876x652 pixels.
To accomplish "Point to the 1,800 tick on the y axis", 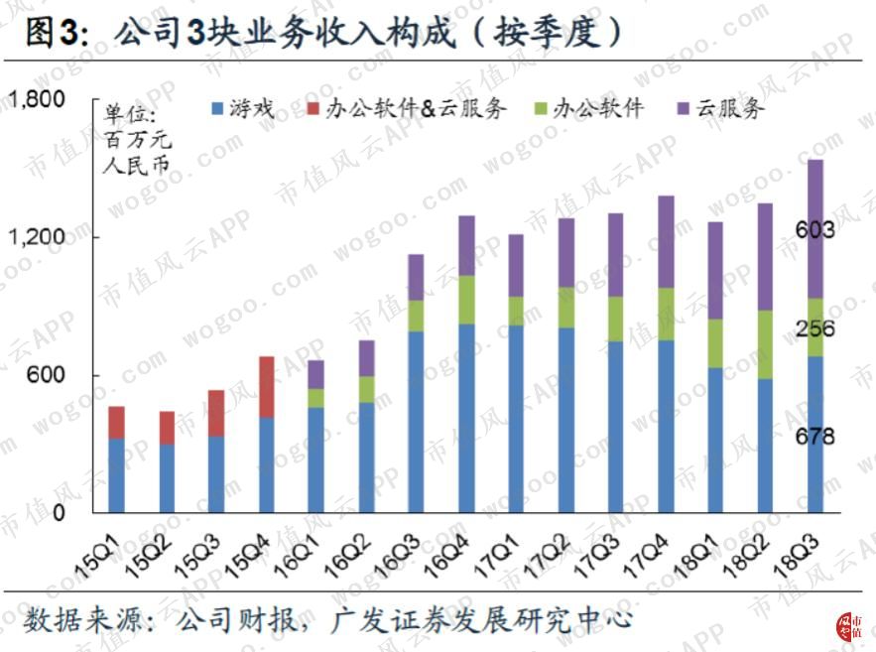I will tap(37, 99).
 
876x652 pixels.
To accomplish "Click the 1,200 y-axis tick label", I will tap(37, 237).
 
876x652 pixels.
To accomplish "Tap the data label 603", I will tap(814, 230).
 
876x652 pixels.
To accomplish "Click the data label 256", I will tap(814, 329).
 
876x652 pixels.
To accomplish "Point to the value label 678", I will tap(814, 437).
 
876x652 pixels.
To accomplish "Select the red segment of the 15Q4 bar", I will tap(266, 387).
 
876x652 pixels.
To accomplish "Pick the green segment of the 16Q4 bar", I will tap(466, 300).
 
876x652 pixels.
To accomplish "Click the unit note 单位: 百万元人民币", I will tap(134, 138).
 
